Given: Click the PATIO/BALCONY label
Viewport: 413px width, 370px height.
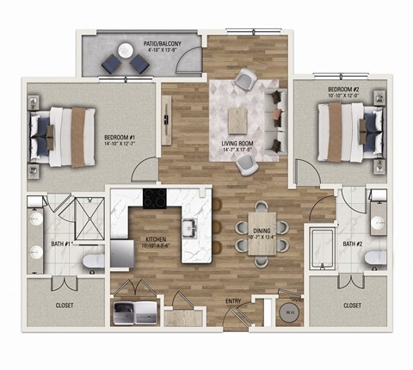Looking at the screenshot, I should [x=143, y=43].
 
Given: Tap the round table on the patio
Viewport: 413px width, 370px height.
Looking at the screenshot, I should [x=126, y=63].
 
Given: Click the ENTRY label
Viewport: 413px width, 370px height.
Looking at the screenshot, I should [x=234, y=300].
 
